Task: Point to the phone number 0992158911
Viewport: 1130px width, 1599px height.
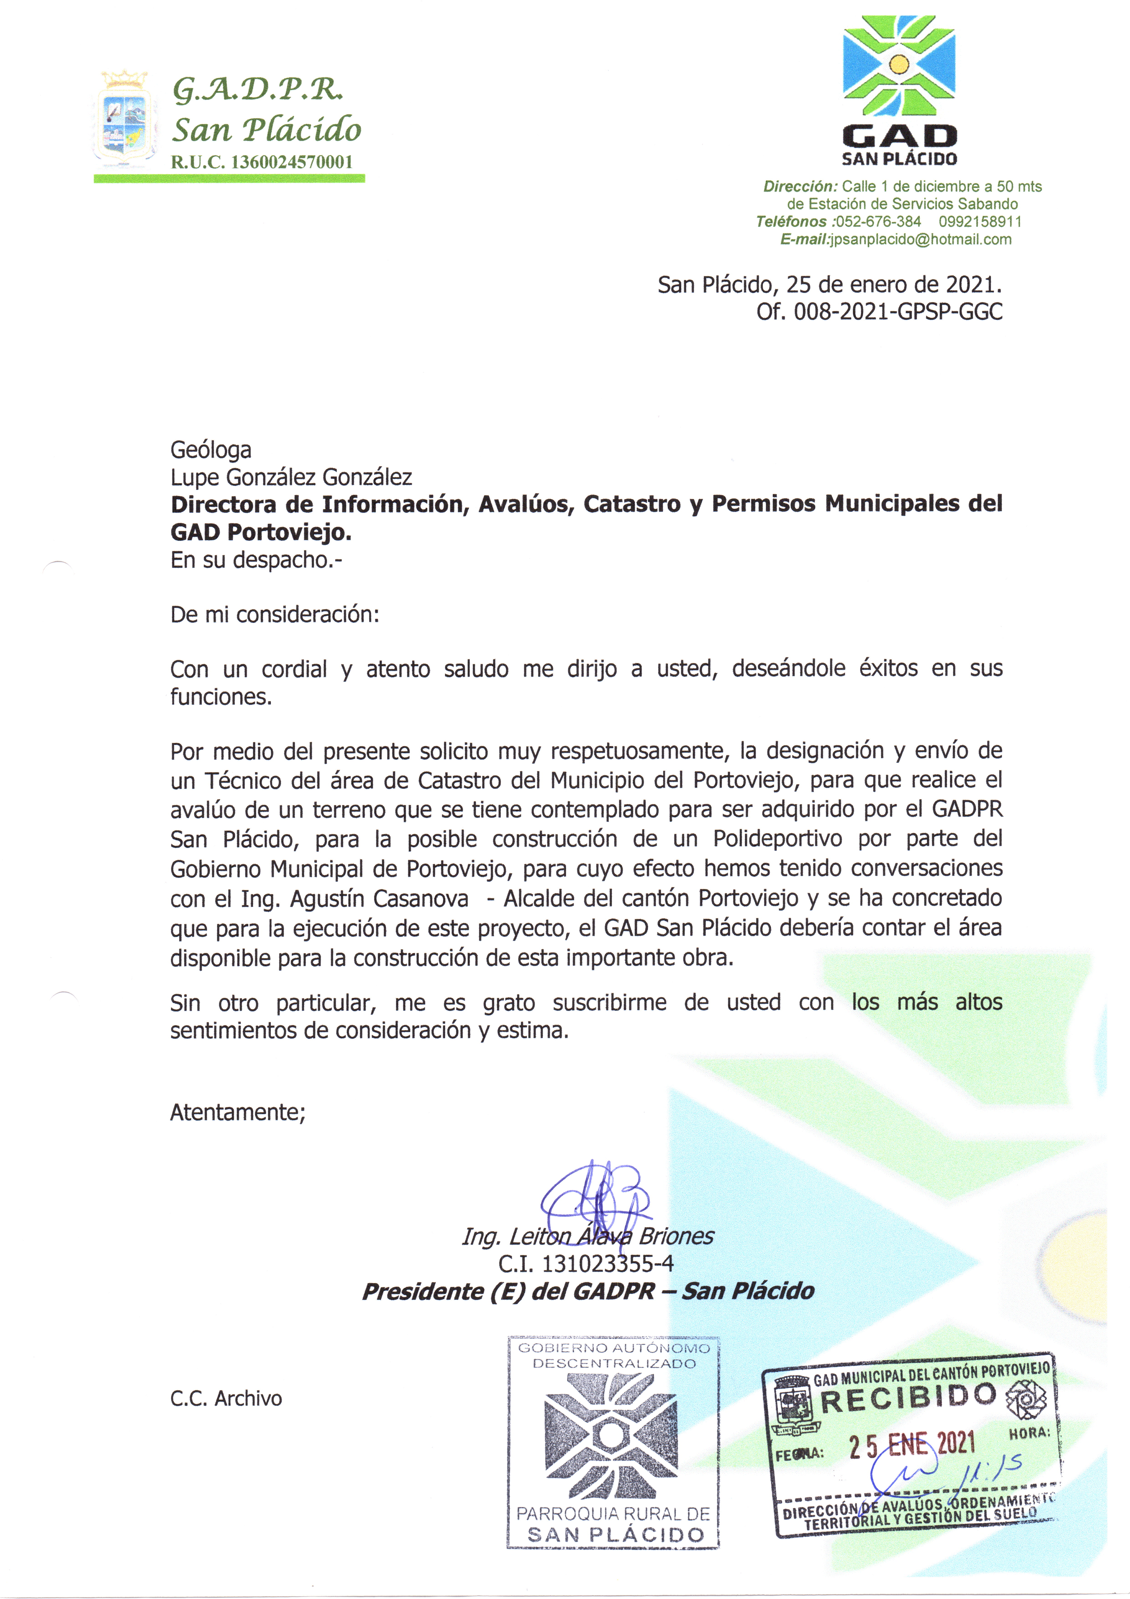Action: coord(980,221)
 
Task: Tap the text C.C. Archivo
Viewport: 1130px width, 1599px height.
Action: coord(226,1398)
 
